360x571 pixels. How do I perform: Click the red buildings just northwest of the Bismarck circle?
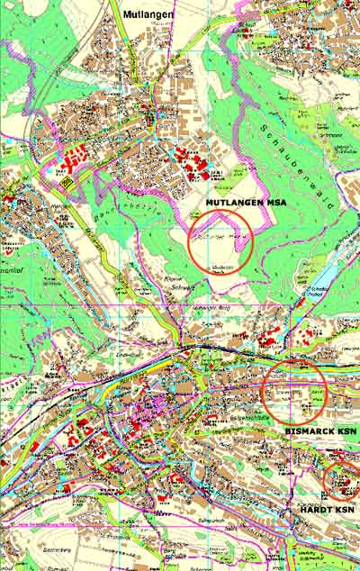(267, 342)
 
